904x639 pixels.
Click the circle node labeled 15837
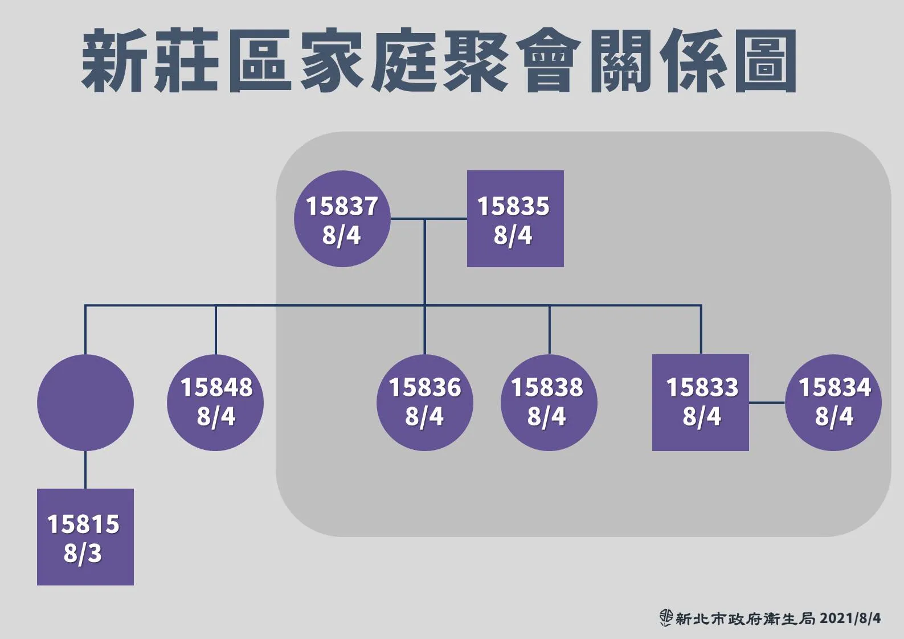pyautogui.click(x=342, y=219)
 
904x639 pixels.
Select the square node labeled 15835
pyautogui.click(x=516, y=219)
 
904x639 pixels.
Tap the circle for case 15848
pyautogui.click(x=215, y=403)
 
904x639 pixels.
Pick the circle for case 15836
pyautogui.click(x=424, y=403)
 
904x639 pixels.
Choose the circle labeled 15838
pyautogui.click(x=549, y=403)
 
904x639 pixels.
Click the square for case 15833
pyautogui.click(x=701, y=403)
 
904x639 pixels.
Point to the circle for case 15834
pyautogui.click(x=833, y=403)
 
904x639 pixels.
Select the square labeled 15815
pyautogui.click(x=85, y=537)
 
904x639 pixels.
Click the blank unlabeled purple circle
pyautogui.click(x=85, y=403)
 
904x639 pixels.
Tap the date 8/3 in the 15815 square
pyautogui.click(x=83, y=553)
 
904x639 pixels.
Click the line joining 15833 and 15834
pyautogui.click(x=767, y=403)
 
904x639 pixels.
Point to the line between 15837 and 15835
pyautogui.click(x=428, y=219)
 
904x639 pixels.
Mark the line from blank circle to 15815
pyautogui.click(x=85, y=470)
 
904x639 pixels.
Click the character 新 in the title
pyautogui.click(x=114, y=60)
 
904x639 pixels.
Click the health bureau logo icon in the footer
pyautogui.click(x=666, y=618)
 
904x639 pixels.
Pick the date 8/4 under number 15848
pyautogui.click(x=216, y=417)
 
